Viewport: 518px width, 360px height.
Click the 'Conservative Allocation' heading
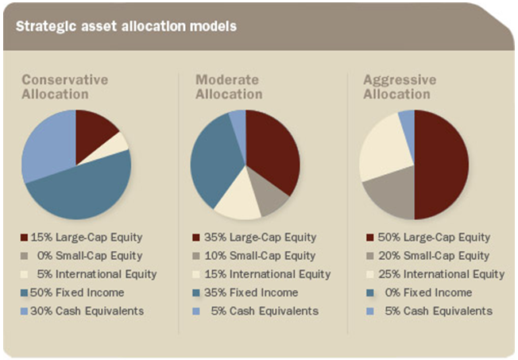[x=65, y=87]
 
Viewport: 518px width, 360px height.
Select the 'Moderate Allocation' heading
[x=229, y=87]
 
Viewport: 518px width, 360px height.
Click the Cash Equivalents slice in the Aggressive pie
[x=407, y=121]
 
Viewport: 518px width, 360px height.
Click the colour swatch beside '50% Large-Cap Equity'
[x=369, y=238]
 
